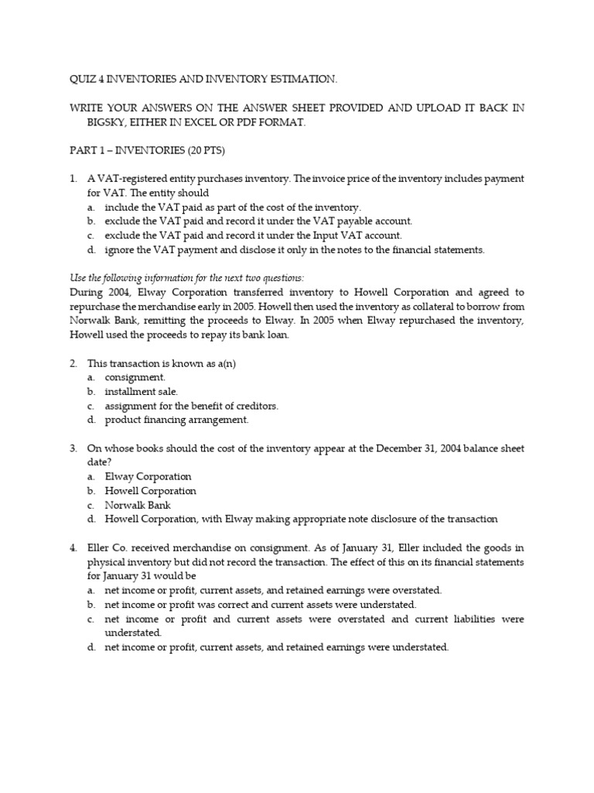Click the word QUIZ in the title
pos(75,79)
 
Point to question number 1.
pos(73,179)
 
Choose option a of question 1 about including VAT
pos(233,207)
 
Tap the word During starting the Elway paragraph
pos(84,292)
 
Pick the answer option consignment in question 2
pos(135,377)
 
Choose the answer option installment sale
pos(142,391)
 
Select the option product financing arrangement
pos(177,420)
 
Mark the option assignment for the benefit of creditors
pos(192,406)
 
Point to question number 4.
pos(73,548)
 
